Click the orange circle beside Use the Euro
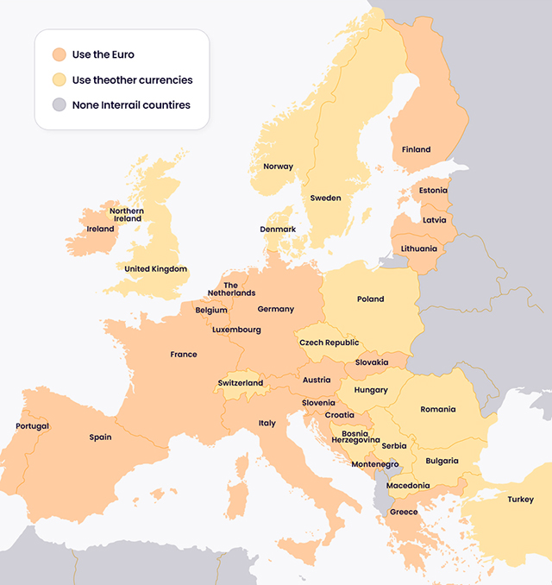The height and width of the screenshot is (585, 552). pos(58,54)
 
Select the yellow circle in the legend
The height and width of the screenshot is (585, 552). pos(58,79)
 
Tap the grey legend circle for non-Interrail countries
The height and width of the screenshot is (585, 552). pos(58,104)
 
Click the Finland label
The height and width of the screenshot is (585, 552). pos(416,149)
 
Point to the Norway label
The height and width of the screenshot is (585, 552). pos(278,167)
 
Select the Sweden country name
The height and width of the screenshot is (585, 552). pos(325,198)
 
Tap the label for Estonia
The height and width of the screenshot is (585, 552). pos(432,190)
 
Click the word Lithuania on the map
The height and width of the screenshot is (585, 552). pos(418,248)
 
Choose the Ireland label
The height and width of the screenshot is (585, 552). pos(100,229)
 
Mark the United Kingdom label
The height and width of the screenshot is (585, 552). pos(155,268)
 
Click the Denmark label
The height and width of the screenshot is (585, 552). pos(278,229)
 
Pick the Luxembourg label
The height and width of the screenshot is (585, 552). pos(236,329)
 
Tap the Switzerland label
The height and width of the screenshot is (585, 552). pos(241,382)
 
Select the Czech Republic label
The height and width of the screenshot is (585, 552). pos(329,343)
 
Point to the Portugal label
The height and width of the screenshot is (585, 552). pos(32,426)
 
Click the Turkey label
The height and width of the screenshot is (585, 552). pos(520,499)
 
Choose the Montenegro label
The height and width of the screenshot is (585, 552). pos(375,464)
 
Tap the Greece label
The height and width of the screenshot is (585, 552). pos(403,512)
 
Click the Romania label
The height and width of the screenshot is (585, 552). pos(438,409)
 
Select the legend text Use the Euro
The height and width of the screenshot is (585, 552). pos(103,54)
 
